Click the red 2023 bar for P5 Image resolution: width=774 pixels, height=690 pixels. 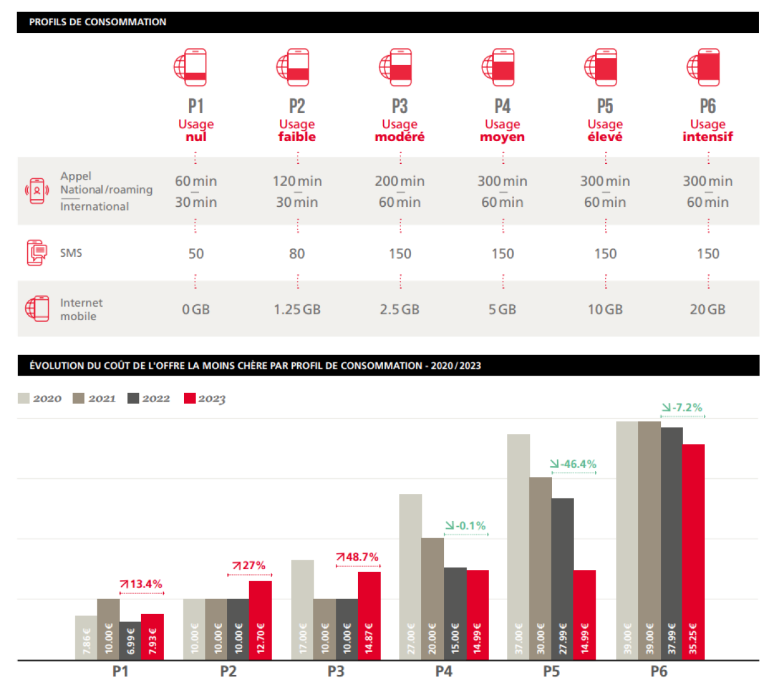[x=584, y=615]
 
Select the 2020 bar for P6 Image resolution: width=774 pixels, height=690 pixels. [x=627, y=540]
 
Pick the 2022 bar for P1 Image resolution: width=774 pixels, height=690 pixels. [x=130, y=641]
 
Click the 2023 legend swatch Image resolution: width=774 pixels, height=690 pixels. [x=190, y=398]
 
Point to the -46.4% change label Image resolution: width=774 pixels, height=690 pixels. [x=574, y=464]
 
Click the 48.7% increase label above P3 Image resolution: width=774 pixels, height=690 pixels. [x=358, y=557]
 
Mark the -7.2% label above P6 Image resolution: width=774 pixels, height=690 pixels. [x=682, y=408]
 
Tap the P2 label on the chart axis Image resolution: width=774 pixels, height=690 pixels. [x=228, y=672]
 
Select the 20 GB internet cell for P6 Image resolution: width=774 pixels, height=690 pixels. [x=707, y=309]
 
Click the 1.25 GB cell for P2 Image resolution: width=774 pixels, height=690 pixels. [x=297, y=309]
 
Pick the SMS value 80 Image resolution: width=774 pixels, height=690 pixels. [x=297, y=254]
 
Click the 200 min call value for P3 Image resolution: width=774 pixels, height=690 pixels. [x=400, y=181]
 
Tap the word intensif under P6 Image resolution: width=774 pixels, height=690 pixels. [x=708, y=137]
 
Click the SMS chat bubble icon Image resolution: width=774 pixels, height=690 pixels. [x=37, y=252]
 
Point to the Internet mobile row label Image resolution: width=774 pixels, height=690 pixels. [x=81, y=309]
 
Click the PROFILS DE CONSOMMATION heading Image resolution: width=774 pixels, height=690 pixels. [x=98, y=22]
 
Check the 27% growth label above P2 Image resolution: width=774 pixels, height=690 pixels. [x=249, y=565]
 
